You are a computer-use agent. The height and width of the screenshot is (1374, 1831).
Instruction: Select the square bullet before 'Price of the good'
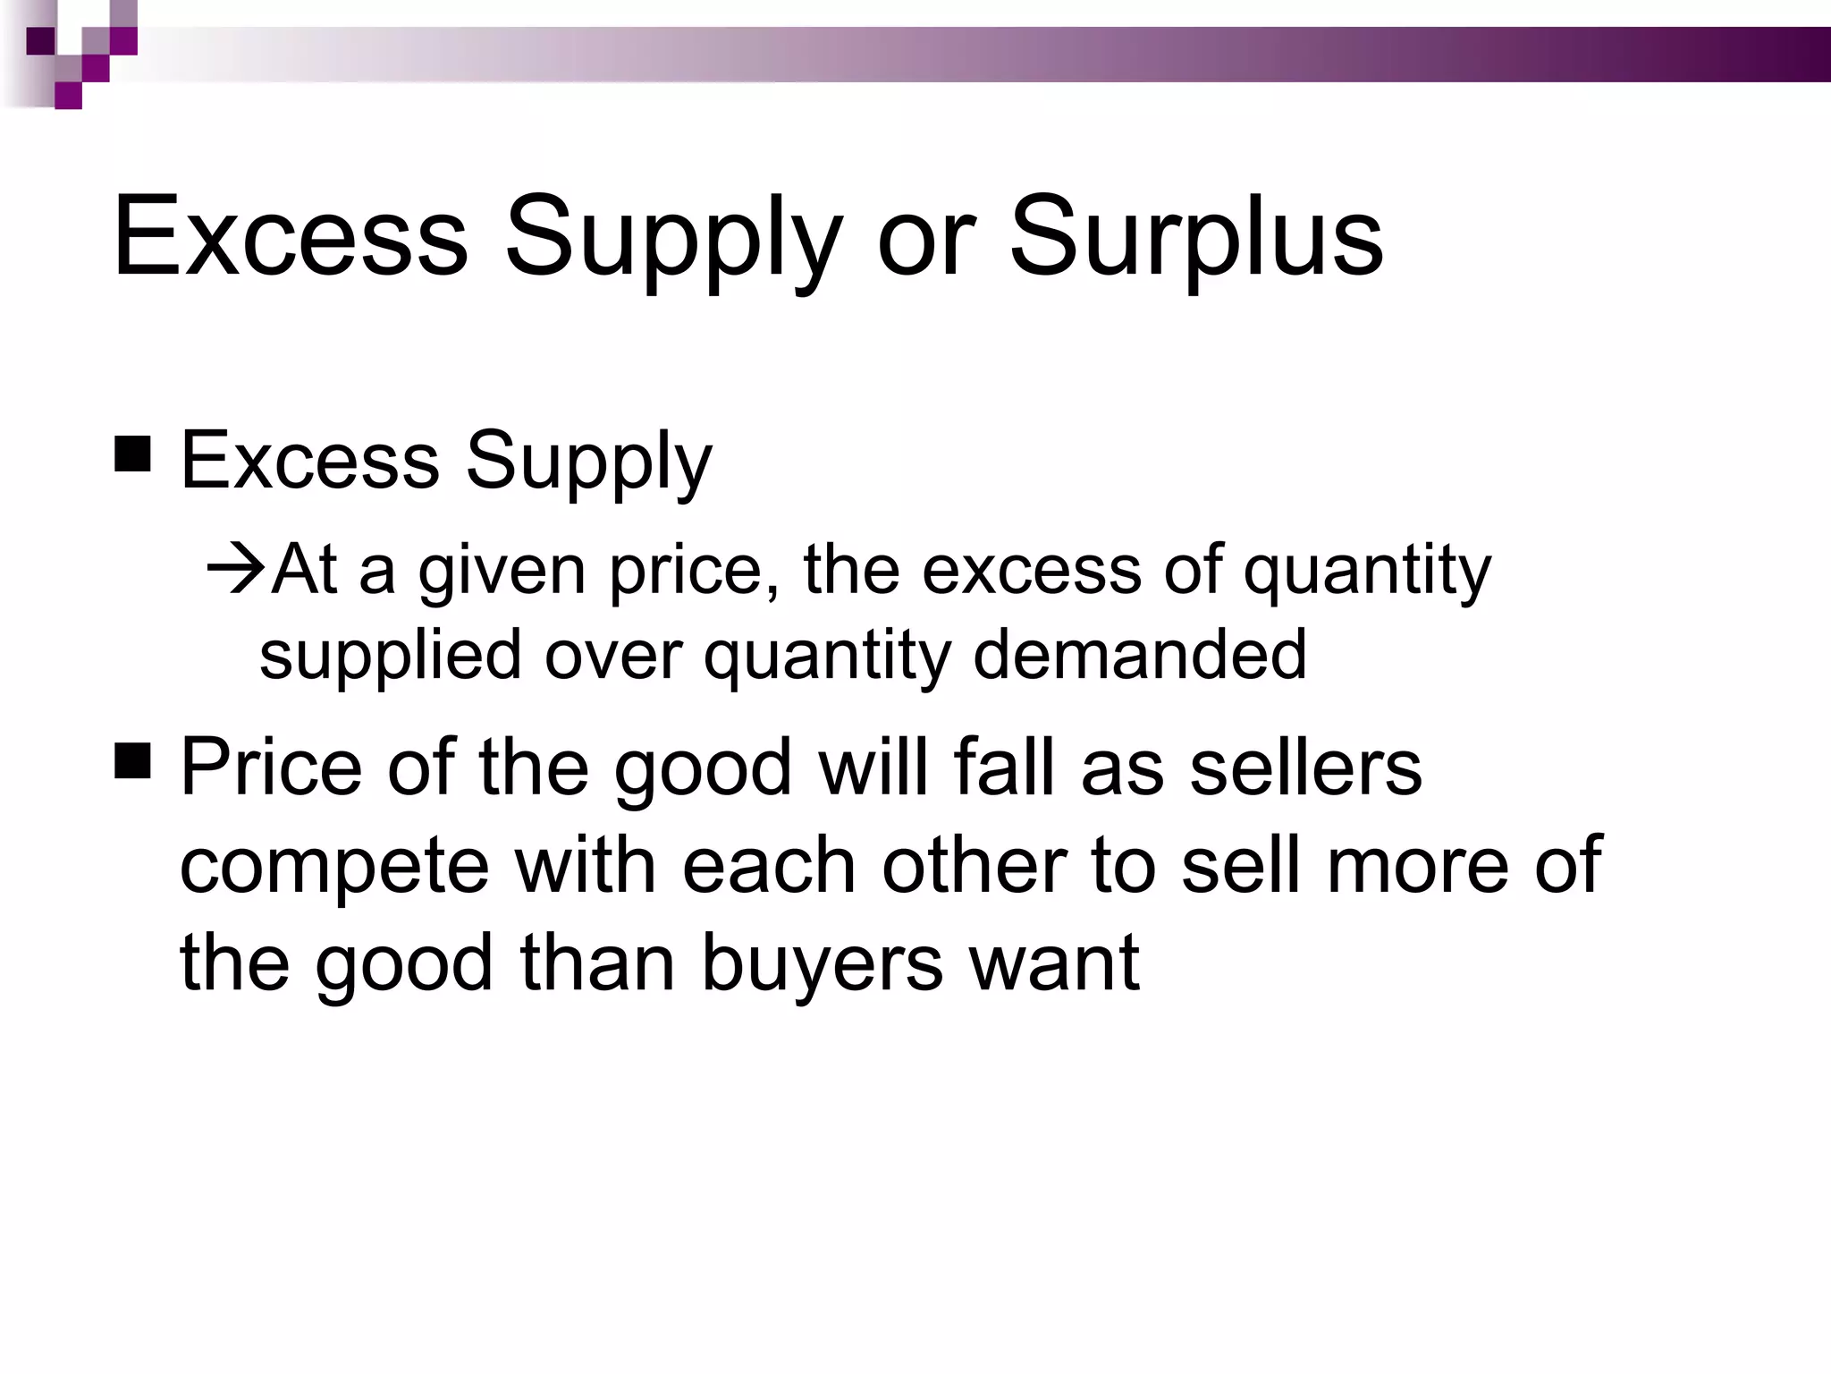[132, 763]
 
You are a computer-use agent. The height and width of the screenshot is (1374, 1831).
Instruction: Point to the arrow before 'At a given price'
[234, 569]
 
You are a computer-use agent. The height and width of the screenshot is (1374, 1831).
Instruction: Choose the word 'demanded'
[1140, 654]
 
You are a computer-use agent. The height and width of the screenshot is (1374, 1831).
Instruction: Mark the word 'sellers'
[1305, 767]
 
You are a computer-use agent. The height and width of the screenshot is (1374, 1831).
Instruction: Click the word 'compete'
[334, 866]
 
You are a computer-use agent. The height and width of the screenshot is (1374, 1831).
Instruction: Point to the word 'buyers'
[822, 963]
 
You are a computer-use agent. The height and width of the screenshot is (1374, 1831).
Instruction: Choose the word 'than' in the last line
[597, 963]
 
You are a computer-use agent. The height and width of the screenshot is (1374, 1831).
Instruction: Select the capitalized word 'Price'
[271, 767]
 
